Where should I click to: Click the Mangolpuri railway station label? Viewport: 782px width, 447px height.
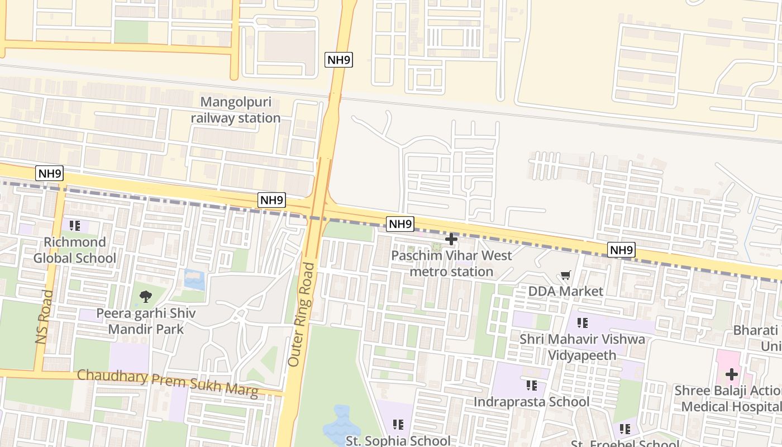tap(236, 110)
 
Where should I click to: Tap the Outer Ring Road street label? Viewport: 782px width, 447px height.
tap(302, 315)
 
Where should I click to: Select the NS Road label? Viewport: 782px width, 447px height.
tap(44, 317)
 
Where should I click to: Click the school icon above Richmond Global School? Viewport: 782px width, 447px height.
tap(75, 226)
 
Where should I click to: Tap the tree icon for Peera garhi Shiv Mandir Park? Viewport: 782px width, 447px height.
tap(146, 297)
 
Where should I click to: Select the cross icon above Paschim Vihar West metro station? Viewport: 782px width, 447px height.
tap(451, 239)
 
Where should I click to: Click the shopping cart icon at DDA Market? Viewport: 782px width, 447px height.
tap(566, 275)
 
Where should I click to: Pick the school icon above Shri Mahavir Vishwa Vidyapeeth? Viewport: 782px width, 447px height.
tap(583, 322)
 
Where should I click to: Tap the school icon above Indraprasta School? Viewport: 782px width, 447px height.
tap(532, 385)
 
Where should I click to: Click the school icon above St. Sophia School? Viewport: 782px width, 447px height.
tap(398, 425)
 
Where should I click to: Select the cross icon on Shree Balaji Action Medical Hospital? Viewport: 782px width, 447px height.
tap(731, 374)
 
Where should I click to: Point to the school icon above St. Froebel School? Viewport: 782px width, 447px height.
tap(625, 429)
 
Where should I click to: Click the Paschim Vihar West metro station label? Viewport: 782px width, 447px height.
tap(451, 264)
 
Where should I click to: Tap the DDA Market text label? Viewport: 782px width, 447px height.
tap(566, 291)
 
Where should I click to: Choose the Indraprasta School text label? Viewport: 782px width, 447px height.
tap(532, 402)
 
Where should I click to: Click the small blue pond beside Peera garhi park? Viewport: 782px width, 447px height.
tap(194, 279)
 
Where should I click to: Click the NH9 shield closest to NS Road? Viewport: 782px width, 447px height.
tap(49, 173)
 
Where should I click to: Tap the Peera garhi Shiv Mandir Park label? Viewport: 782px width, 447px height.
tap(146, 321)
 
